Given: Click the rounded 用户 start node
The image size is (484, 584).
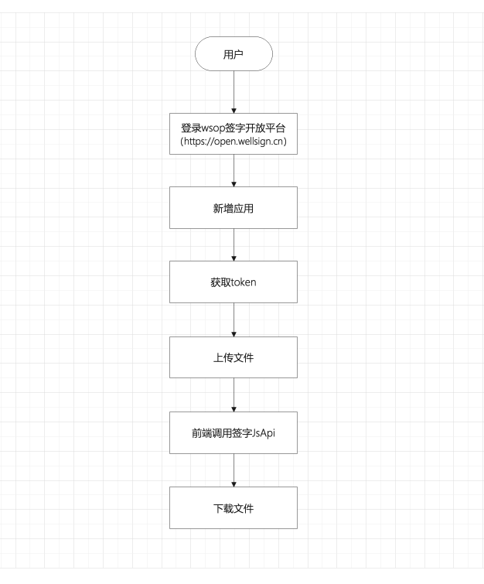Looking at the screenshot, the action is pyautogui.click(x=233, y=53).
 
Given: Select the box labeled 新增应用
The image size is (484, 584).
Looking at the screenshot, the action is pyautogui.click(x=233, y=207).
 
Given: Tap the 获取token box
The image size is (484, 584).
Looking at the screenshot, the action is pyautogui.click(x=233, y=282).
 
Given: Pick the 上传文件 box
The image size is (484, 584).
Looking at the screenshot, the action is pyautogui.click(x=233, y=357).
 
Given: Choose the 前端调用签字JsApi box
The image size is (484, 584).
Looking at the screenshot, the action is pyautogui.click(x=233, y=433).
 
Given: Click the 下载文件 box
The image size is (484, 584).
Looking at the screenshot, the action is pyautogui.click(x=233, y=507).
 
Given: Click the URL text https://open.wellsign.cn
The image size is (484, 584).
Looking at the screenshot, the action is pyautogui.click(x=233, y=142).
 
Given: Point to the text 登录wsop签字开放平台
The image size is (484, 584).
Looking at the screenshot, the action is pyautogui.click(x=233, y=128).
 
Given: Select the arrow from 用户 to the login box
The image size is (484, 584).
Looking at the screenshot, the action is pyautogui.click(x=233, y=92).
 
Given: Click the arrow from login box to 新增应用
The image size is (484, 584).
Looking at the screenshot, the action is pyautogui.click(x=233, y=171).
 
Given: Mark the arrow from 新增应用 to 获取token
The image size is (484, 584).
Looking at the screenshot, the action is pyautogui.click(x=233, y=244).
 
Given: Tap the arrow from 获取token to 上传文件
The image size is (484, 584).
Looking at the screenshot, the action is pyautogui.click(x=233, y=320).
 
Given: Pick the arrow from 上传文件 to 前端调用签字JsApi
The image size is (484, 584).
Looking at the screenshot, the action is pyautogui.click(x=233, y=394).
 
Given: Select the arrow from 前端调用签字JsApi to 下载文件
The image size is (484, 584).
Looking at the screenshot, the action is pyautogui.click(x=233, y=470).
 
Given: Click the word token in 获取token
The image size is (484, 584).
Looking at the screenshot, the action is pyautogui.click(x=244, y=282).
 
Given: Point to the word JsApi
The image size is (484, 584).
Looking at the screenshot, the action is pyautogui.click(x=264, y=433).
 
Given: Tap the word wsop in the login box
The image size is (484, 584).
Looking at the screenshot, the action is pyautogui.click(x=213, y=128).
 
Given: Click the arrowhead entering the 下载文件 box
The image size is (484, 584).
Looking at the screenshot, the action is pyautogui.click(x=233, y=484).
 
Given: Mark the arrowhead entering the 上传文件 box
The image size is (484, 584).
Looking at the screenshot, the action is pyautogui.click(x=233, y=334).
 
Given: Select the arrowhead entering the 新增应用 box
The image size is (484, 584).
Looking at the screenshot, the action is pyautogui.click(x=233, y=184).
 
